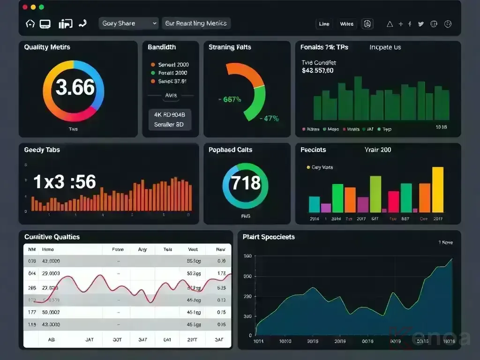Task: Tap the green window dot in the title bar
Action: (41, 7)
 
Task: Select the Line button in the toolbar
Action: (324, 24)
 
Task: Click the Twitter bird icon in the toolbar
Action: (420, 24)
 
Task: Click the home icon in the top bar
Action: (30, 23)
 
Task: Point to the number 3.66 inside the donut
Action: (75, 88)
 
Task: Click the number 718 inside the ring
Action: (246, 182)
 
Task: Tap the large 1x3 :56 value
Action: (65, 182)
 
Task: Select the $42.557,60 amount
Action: (318, 71)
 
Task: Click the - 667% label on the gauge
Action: (230, 99)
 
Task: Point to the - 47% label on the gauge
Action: (269, 119)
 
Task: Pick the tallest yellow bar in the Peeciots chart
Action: (437, 189)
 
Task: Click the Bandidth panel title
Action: (162, 47)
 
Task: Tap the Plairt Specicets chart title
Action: (269, 237)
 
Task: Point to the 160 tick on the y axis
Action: (247, 256)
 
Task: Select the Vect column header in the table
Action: (193, 250)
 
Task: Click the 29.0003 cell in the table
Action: (51, 273)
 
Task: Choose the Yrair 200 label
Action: (377, 150)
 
